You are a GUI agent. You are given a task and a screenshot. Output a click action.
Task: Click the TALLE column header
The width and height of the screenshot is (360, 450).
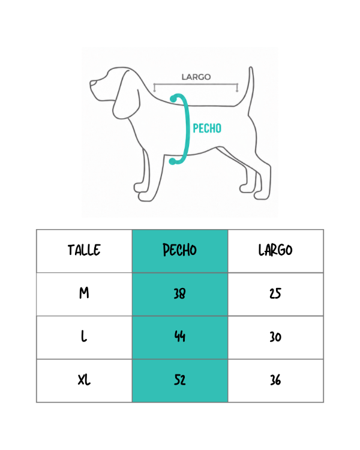[x=84, y=250]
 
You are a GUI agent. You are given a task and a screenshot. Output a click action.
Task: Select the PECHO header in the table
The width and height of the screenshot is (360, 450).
[x=179, y=250]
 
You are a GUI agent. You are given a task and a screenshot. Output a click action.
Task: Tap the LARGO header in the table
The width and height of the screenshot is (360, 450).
[x=275, y=250]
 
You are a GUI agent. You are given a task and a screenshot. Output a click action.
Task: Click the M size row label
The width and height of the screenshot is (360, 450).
[x=84, y=293]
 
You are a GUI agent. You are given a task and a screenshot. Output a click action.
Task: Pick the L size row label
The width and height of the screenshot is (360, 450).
[x=84, y=337]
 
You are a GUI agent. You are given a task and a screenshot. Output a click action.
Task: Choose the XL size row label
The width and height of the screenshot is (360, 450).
[x=84, y=380]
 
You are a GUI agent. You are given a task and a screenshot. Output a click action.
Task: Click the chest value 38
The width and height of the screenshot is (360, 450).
[x=179, y=293]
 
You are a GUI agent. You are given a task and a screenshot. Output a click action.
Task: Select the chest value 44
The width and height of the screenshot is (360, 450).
[x=180, y=337]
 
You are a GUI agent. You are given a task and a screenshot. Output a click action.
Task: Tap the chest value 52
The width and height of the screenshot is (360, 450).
[x=180, y=380]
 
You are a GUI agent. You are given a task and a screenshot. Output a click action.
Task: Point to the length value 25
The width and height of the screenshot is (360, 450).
[x=275, y=293]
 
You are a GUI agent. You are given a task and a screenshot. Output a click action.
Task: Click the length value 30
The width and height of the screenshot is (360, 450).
[x=275, y=337]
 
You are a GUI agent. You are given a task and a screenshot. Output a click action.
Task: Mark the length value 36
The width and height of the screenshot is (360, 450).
[x=275, y=380]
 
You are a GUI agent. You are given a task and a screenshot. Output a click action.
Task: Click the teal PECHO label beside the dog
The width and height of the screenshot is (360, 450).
[x=207, y=128]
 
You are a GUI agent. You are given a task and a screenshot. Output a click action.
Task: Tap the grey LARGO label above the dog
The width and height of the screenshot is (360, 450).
[x=196, y=77]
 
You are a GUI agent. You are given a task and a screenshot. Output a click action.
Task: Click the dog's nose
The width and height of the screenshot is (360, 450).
[x=92, y=83]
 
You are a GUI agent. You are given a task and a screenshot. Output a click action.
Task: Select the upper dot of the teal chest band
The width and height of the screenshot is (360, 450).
[x=173, y=99]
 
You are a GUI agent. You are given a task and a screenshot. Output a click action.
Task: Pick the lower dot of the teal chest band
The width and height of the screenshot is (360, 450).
[x=172, y=161]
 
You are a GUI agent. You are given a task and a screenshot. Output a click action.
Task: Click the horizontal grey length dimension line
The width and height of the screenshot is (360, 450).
[x=196, y=85]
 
